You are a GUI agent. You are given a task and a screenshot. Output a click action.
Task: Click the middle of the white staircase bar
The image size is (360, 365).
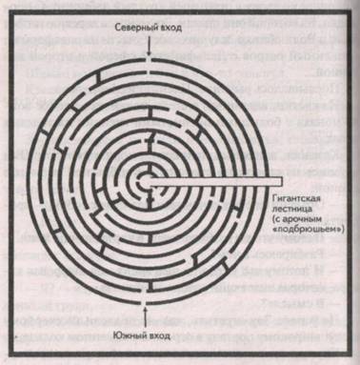210,181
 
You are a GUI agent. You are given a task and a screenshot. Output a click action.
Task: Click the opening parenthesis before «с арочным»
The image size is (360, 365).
273,218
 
